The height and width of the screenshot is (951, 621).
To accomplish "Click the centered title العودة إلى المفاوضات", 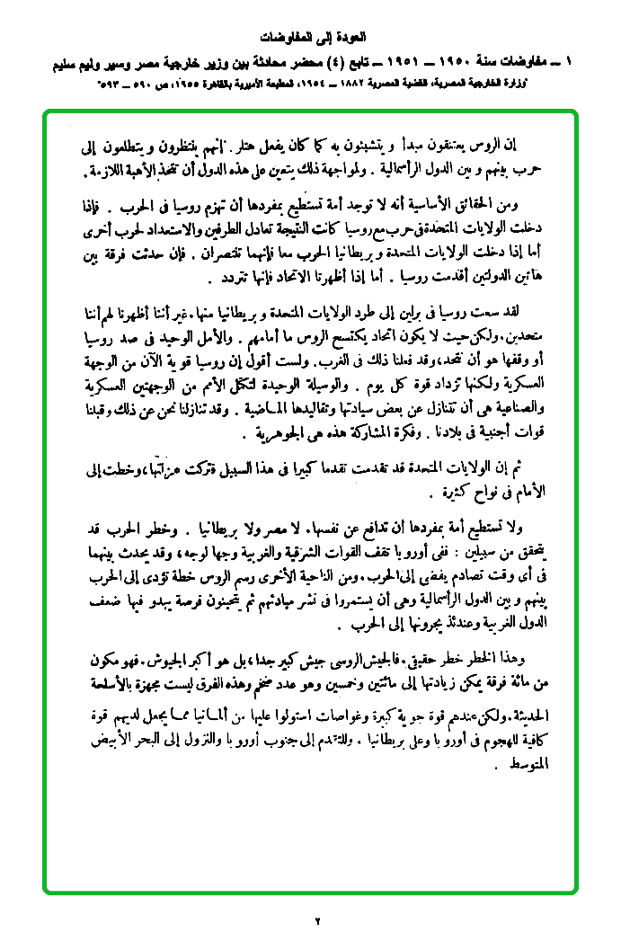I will (x=310, y=40).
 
